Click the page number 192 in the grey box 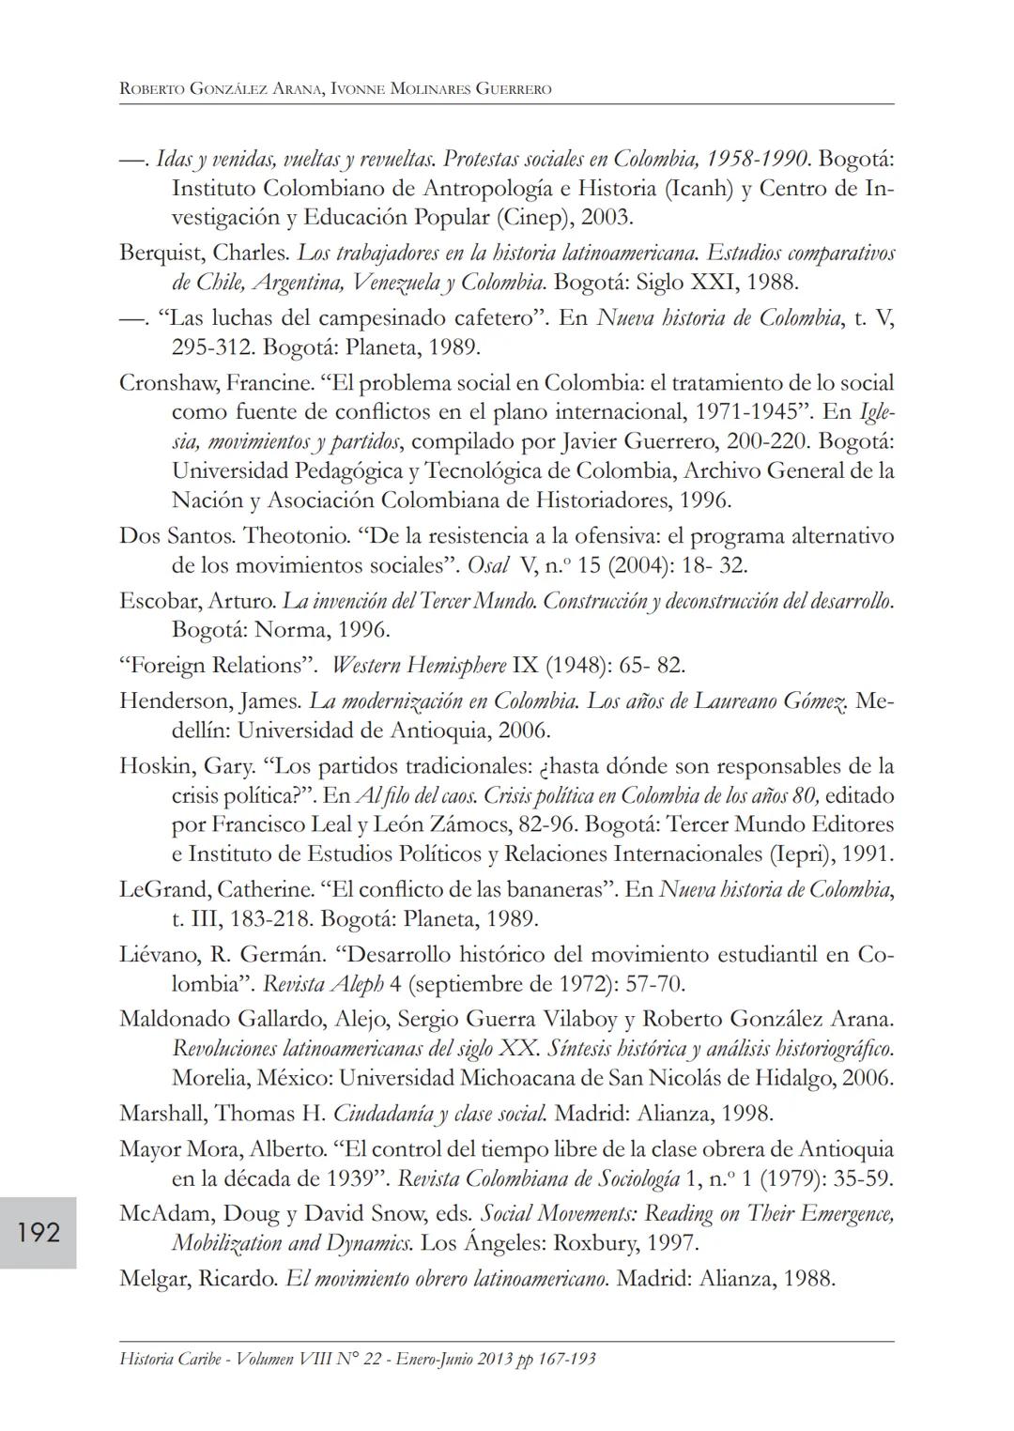point(38,1232)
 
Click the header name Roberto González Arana point(222,90)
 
